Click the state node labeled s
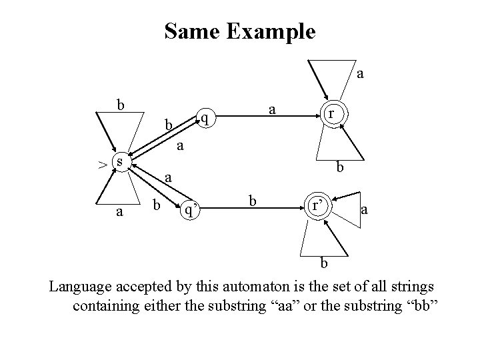[x=118, y=161]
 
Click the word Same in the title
[x=192, y=31]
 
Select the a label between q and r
[x=272, y=107]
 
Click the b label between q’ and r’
[x=252, y=200]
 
